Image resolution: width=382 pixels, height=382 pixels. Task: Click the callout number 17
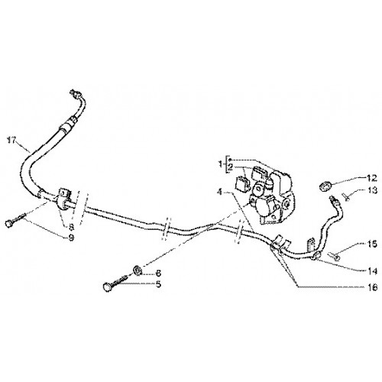point(11,141)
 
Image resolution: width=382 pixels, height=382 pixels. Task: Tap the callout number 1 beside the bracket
point(221,164)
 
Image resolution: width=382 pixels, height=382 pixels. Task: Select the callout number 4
point(219,192)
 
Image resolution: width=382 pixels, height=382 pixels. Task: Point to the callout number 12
point(371,179)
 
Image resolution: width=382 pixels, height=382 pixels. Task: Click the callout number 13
point(372,190)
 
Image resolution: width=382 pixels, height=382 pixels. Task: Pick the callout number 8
point(71,227)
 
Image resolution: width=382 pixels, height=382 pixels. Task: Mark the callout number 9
point(71,238)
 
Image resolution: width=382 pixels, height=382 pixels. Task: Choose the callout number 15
point(372,244)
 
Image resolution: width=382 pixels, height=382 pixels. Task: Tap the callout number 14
point(373,271)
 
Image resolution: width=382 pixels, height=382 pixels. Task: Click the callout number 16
point(373,288)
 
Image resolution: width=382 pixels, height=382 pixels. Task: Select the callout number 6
point(158,274)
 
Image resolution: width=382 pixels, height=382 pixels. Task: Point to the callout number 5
point(158,284)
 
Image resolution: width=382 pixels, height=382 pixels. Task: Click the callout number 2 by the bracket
point(231,167)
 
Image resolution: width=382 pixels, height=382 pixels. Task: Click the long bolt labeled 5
point(115,282)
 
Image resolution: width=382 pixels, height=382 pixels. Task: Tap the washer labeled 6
point(138,270)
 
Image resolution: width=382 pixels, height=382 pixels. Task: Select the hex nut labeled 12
point(325,185)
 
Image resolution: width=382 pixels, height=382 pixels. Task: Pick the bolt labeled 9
point(15,220)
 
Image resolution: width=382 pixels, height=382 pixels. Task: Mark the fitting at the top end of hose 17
point(74,93)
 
